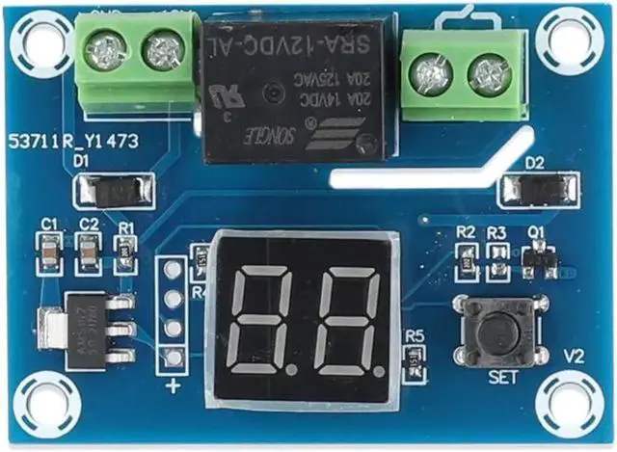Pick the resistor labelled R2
pyautogui.click(x=466, y=256)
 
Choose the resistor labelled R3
pyautogui.click(x=497, y=256)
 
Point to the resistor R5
pyautogui.click(x=415, y=361)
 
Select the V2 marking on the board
pyautogui.click(x=575, y=356)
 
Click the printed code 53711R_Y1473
pyautogui.click(x=73, y=141)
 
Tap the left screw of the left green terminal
pyautogui.click(x=105, y=49)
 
